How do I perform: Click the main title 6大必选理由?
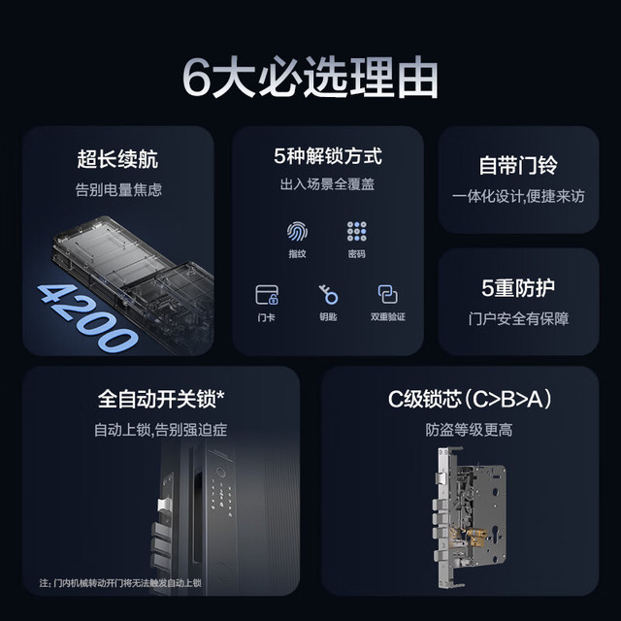tap(310, 78)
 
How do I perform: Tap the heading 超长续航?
tap(117, 159)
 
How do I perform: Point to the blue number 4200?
tap(87, 319)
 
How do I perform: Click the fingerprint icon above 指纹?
tap(297, 231)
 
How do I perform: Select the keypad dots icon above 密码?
tap(356, 231)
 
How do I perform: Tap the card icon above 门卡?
tap(267, 295)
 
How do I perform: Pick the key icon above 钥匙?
tap(328, 294)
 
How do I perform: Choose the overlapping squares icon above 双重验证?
tap(388, 294)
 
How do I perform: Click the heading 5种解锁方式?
tap(328, 156)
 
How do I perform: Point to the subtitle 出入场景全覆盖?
tap(327, 184)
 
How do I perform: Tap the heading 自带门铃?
tap(518, 165)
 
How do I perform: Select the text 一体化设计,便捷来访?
tap(518, 196)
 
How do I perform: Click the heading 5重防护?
tap(518, 288)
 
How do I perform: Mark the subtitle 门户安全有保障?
tap(518, 319)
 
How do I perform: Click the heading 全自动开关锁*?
tap(161, 399)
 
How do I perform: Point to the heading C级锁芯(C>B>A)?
tap(470, 399)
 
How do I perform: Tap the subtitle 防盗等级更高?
tap(469, 430)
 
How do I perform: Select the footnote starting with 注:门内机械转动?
tap(120, 583)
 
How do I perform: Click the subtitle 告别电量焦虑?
tap(118, 190)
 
